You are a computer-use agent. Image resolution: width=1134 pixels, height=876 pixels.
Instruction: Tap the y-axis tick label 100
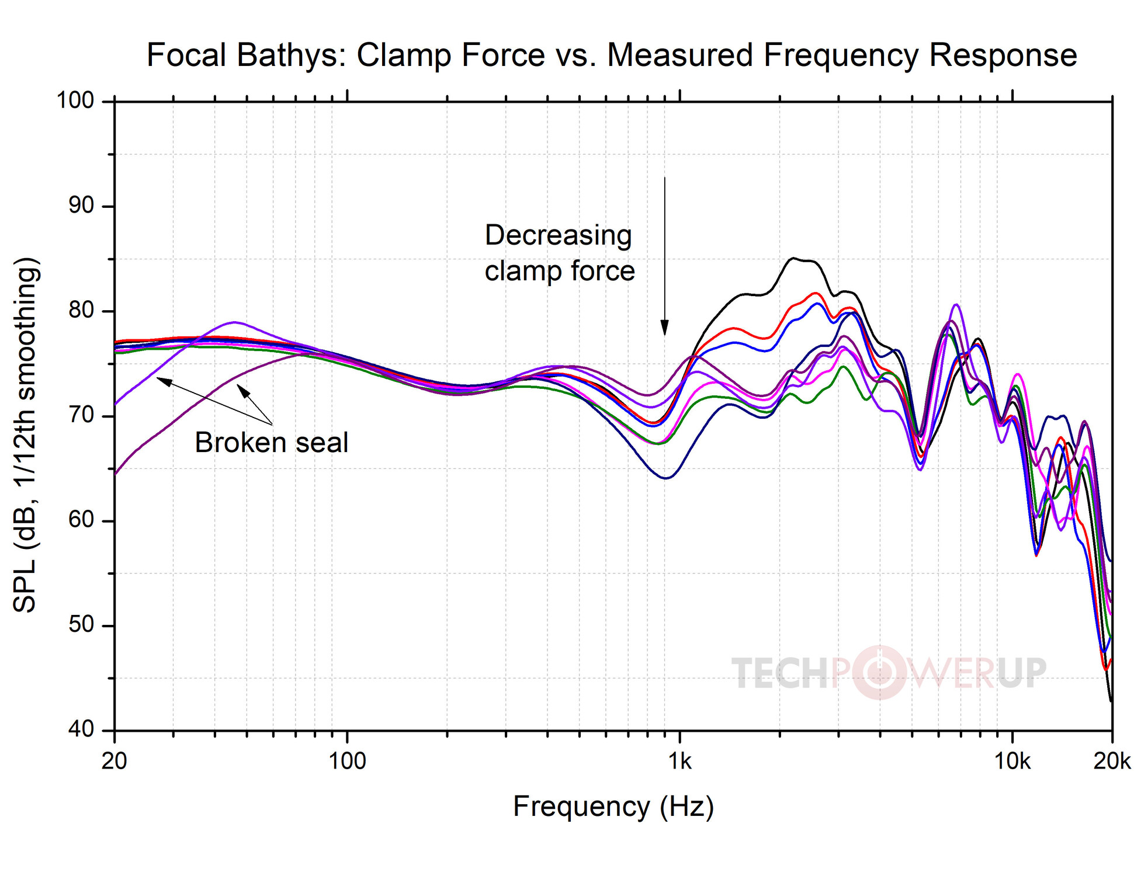click(75, 100)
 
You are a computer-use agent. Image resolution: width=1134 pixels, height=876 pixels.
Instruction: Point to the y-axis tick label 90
click(81, 206)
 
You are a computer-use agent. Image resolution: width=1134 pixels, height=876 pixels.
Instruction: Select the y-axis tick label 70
click(81, 415)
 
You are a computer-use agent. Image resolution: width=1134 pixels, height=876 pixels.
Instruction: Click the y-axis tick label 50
click(81, 625)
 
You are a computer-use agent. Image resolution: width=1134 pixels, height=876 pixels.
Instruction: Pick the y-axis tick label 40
click(81, 729)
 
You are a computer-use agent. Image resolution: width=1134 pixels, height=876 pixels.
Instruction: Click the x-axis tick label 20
click(115, 762)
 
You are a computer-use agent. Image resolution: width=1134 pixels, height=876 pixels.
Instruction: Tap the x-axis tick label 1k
click(679, 762)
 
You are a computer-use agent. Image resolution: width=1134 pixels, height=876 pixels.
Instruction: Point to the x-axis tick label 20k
click(1111, 762)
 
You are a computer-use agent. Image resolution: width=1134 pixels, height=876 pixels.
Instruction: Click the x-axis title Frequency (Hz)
click(613, 807)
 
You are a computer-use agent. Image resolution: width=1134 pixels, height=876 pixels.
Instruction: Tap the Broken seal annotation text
click(271, 442)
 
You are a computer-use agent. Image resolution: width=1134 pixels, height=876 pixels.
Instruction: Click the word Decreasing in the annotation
click(558, 235)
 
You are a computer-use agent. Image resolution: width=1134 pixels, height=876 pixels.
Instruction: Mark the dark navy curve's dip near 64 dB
click(666, 478)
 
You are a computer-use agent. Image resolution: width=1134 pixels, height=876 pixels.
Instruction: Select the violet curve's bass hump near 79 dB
click(234, 322)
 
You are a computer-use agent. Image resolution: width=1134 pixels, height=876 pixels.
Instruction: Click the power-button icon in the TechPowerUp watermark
click(879, 672)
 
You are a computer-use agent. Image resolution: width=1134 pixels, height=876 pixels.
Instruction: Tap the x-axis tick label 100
click(347, 762)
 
